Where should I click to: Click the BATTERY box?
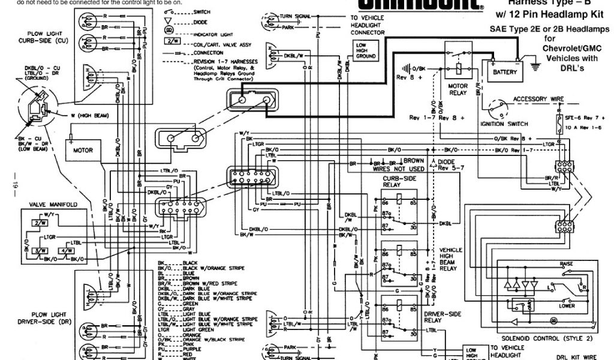(504, 72)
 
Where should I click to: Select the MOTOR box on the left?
(83, 150)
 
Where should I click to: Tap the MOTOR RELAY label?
(458, 89)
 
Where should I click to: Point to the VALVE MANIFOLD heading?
(53, 205)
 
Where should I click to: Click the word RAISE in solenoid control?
(565, 265)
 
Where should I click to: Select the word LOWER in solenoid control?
(567, 305)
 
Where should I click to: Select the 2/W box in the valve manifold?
(41, 223)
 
